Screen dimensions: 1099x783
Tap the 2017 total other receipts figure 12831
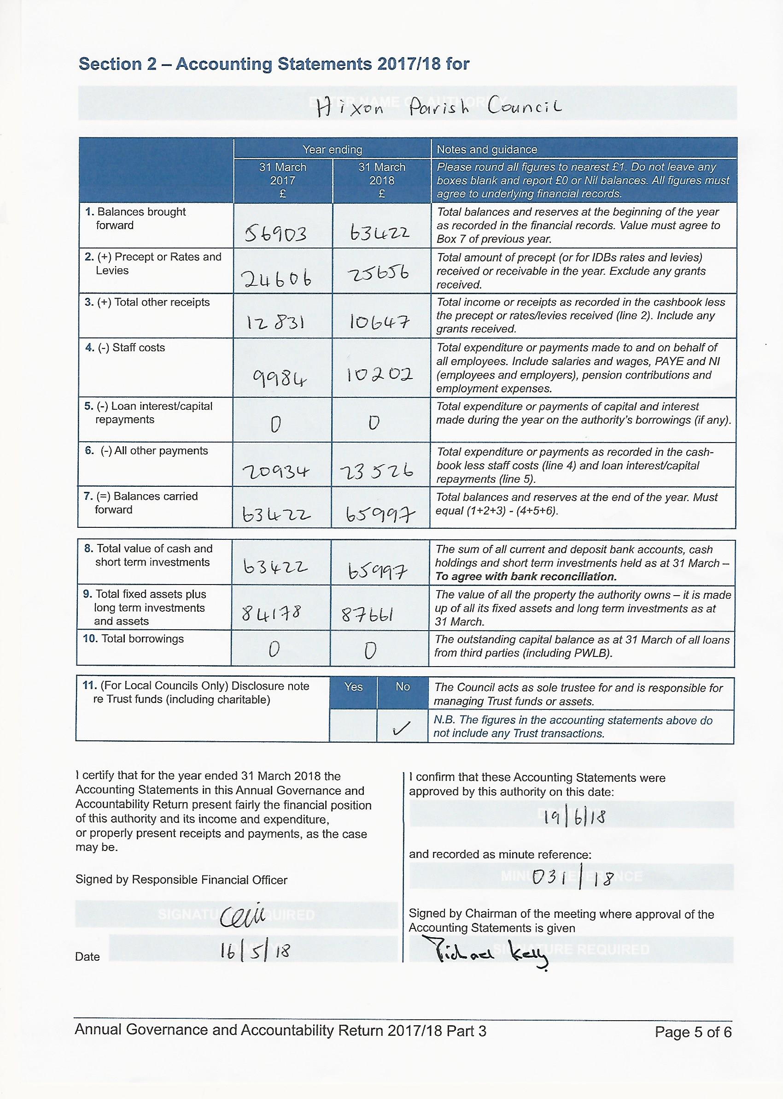[276, 322]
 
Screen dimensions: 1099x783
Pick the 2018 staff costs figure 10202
[379, 374]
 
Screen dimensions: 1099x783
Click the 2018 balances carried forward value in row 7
[380, 517]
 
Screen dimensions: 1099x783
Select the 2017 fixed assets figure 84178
[271, 614]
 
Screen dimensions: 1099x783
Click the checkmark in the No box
[402, 728]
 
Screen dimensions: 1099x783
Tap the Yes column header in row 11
[353, 686]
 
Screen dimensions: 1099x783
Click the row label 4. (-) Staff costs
[125, 348]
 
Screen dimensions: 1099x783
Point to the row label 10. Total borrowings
[133, 639]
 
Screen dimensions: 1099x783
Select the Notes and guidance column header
[486, 149]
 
